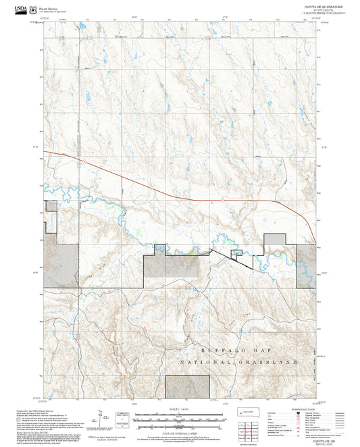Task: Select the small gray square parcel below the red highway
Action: point(236,253)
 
